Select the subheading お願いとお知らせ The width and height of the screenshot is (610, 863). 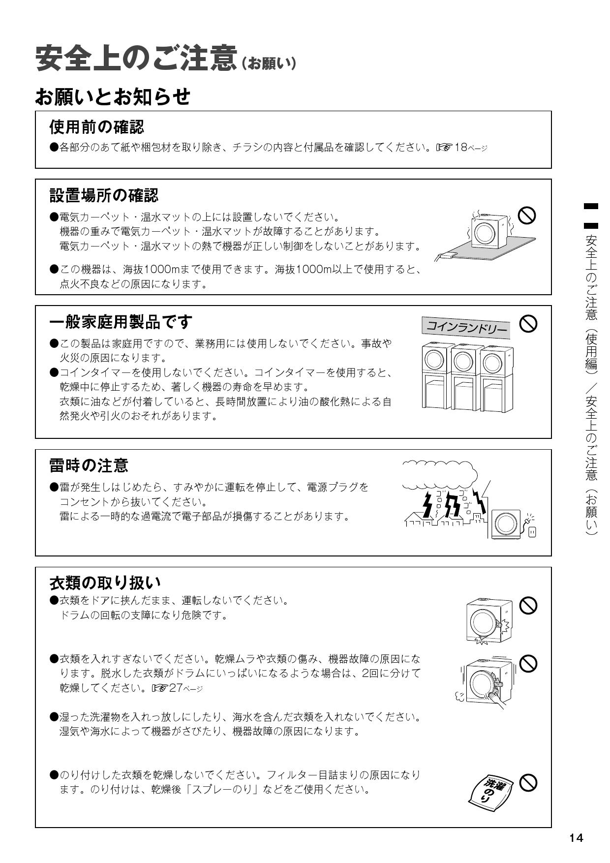tap(113, 97)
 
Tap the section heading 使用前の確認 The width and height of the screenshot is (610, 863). tap(96, 127)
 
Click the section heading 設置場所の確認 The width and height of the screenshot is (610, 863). tap(104, 195)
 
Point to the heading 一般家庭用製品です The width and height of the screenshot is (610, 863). tap(121, 322)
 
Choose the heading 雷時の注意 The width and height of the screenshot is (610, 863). tap(89, 465)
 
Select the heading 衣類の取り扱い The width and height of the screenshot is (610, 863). tap(105, 583)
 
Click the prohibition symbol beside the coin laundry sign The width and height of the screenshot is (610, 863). tap(528, 323)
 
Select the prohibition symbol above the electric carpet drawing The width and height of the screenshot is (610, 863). tap(527, 215)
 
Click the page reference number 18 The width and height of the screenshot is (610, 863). tap(460, 148)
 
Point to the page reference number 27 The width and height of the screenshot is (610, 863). tap(176, 688)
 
